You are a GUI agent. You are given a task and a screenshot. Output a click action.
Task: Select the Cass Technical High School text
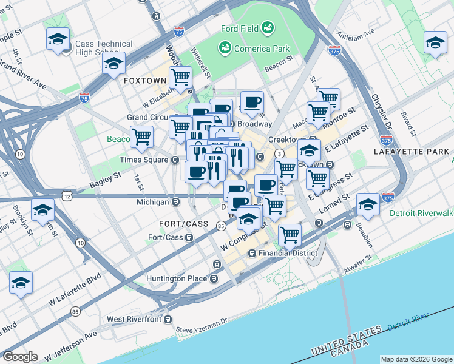pyautogui.click(x=103, y=49)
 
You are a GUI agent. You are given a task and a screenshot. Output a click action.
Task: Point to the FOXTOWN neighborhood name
pyautogui.click(x=144, y=80)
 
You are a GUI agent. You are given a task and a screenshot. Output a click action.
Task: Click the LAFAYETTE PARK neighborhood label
pyautogui.click(x=411, y=151)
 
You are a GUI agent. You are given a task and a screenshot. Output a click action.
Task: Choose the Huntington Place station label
pyautogui.click(x=177, y=279)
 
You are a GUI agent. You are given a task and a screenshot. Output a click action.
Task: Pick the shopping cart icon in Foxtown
pyautogui.click(x=180, y=77)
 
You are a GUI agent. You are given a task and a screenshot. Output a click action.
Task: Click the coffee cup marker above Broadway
pyautogui.click(x=252, y=101)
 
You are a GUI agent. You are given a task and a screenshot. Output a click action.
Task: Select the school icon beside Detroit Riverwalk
pyautogui.click(x=368, y=204)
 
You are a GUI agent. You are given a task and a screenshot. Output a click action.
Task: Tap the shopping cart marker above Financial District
pyautogui.click(x=290, y=233)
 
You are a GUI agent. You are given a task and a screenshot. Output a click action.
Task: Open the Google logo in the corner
pyautogui.click(x=19, y=357)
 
